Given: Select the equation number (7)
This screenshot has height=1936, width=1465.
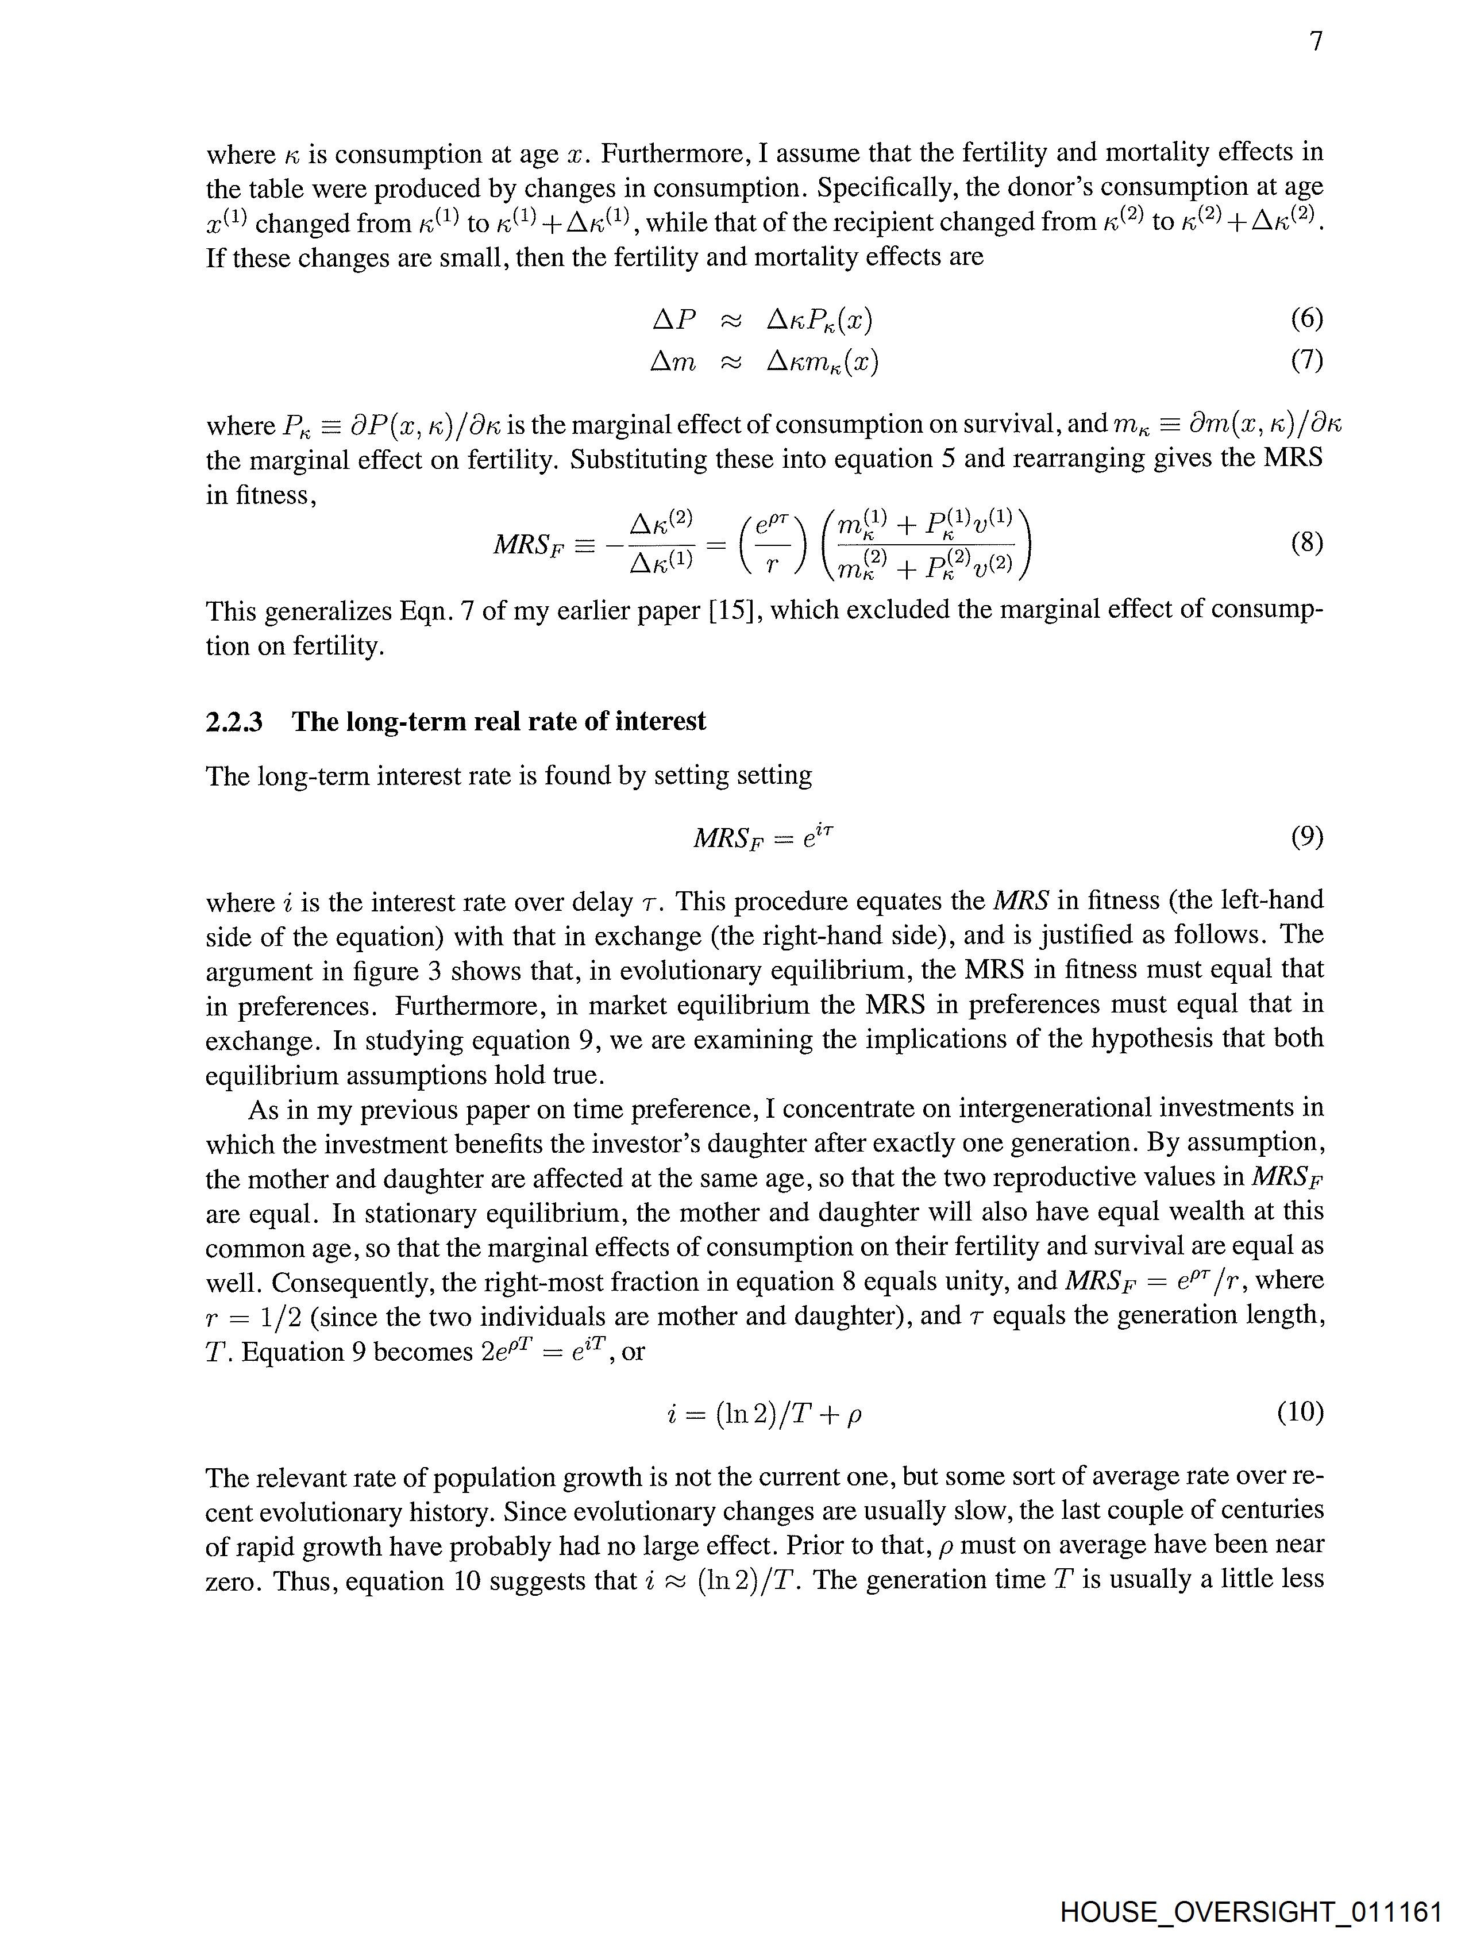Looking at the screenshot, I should [1306, 360].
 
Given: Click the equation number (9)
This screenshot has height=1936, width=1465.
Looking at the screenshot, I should [1306, 838].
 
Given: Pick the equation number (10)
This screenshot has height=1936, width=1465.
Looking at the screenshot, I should [1300, 1412].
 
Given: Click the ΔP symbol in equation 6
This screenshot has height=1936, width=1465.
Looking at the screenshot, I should [674, 320].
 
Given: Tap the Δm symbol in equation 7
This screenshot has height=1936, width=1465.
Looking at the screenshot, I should [673, 360].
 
